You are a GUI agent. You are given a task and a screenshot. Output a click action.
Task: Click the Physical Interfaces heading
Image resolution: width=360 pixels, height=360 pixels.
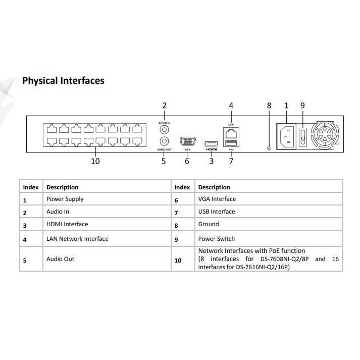[63, 81]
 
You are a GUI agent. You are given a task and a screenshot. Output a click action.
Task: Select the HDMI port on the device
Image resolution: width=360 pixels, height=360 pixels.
[211, 143]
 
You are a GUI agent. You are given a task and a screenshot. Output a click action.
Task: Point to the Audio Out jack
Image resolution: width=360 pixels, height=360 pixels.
[164, 142]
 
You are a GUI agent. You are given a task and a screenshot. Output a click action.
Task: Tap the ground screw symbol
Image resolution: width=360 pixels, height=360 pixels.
[269, 148]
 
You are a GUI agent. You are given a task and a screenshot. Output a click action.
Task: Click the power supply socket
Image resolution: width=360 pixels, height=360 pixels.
[286, 135]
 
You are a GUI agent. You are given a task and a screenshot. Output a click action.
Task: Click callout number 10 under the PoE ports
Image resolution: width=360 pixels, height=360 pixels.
[95, 161]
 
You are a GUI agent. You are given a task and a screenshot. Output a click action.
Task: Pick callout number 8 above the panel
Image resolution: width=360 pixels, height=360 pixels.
[269, 106]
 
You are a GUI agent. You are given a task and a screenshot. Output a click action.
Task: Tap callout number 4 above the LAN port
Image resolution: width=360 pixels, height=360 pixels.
[231, 106]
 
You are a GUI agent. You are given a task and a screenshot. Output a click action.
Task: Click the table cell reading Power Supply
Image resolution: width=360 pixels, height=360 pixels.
[65, 199]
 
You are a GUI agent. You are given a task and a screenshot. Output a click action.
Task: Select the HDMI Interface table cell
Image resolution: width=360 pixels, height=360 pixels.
[67, 224]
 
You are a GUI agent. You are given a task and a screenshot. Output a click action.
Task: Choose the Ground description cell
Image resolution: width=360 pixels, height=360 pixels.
[209, 224]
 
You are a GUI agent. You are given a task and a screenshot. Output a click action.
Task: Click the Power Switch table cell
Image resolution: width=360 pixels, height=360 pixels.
[216, 239]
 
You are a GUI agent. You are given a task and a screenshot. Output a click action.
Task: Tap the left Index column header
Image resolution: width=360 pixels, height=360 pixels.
[31, 187]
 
